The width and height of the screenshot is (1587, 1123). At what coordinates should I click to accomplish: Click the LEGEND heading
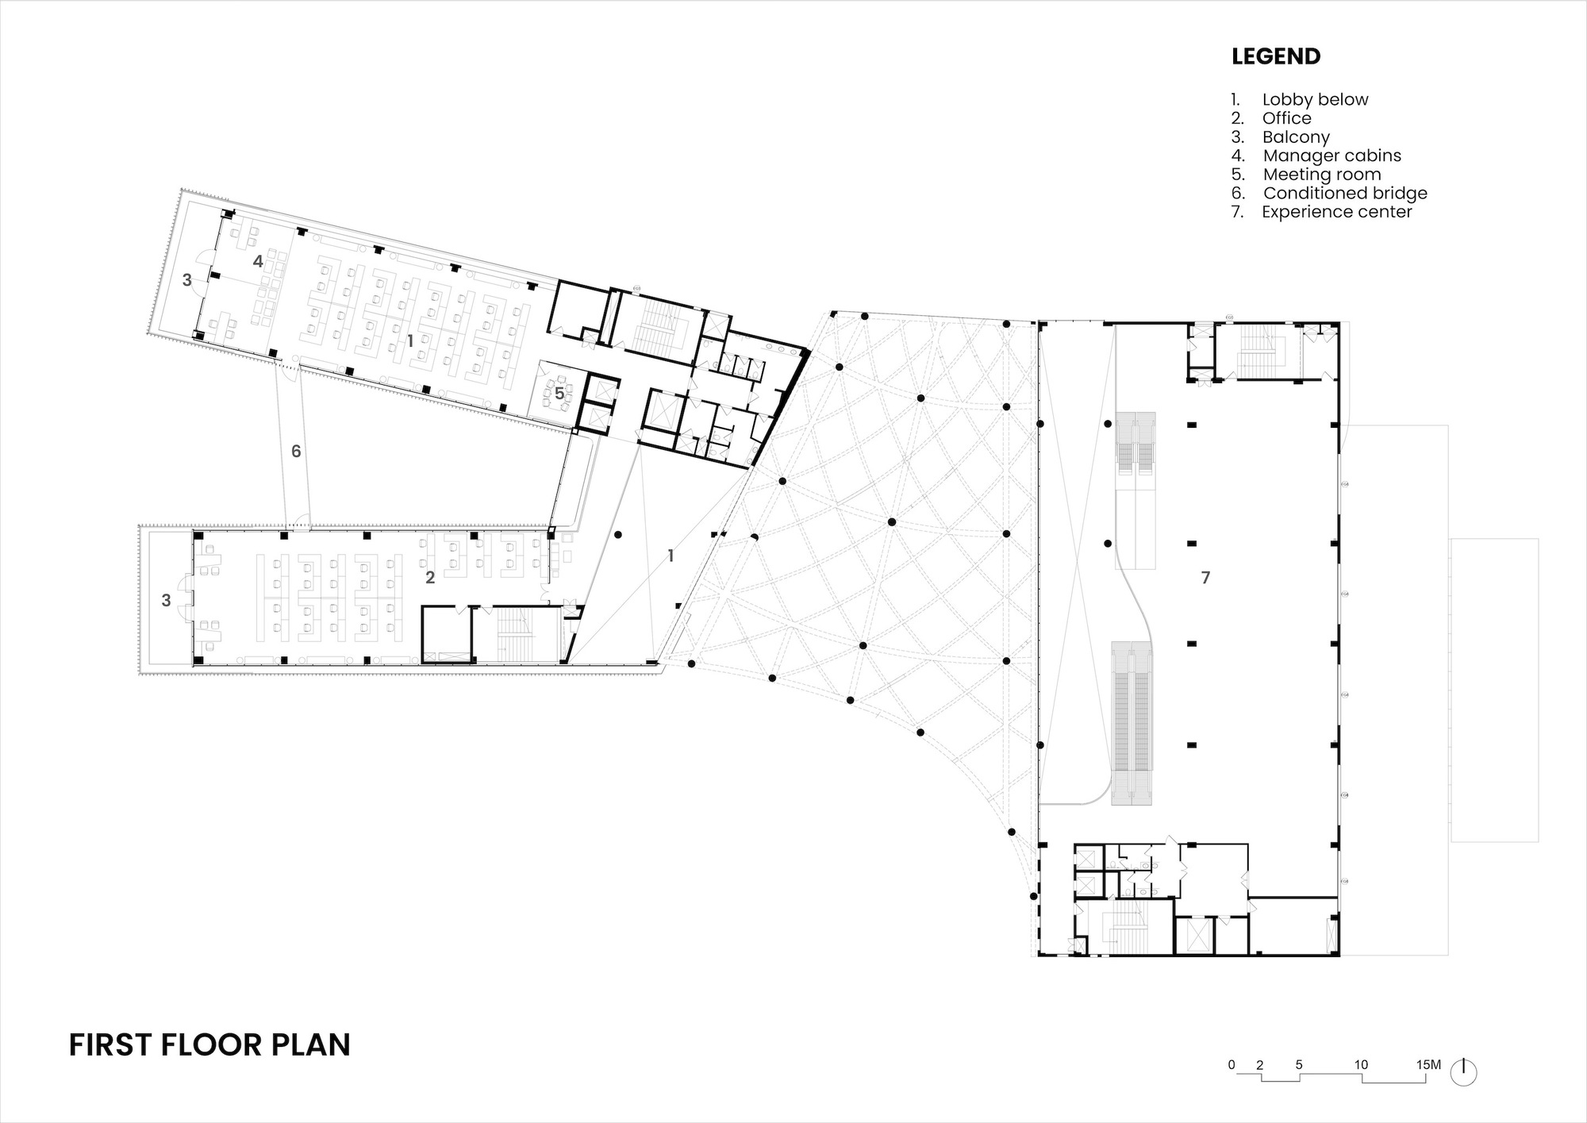pos(1276,56)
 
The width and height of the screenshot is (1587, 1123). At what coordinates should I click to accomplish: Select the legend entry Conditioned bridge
pos(1344,193)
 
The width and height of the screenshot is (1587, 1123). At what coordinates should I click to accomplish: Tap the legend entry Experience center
pos(1336,212)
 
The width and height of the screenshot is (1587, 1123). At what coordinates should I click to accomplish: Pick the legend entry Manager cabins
pos(1331,156)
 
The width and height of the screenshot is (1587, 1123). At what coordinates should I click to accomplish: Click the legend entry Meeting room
pos(1321,175)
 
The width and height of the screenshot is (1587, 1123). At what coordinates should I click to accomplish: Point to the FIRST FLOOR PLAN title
pos(209,1045)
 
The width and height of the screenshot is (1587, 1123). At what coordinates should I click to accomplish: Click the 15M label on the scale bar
pos(1428,1065)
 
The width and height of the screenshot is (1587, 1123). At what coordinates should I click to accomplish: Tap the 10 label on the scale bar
pos(1361,1065)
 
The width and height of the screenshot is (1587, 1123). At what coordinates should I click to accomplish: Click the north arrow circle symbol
pos(1464,1073)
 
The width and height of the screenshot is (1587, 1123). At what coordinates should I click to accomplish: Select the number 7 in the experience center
pos(1205,578)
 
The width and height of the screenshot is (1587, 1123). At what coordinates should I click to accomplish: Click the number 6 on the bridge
pos(296,452)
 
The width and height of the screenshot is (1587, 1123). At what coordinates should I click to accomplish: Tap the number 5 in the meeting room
pos(559,394)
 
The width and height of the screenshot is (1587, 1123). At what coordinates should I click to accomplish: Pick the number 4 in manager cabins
pos(258,261)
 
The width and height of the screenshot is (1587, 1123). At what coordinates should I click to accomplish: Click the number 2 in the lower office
pos(430,578)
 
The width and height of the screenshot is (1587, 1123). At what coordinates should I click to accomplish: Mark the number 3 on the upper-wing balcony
pos(187,280)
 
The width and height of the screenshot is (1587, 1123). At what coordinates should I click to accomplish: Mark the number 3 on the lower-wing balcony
pos(166,601)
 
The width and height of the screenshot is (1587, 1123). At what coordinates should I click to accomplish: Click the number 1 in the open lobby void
pos(671,556)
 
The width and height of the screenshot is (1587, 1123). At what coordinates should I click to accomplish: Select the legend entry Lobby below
pos(1315,99)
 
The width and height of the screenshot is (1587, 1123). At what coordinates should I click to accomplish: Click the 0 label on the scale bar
pos(1232,1065)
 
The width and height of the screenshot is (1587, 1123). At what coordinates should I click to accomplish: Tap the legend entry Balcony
pos(1296,137)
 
